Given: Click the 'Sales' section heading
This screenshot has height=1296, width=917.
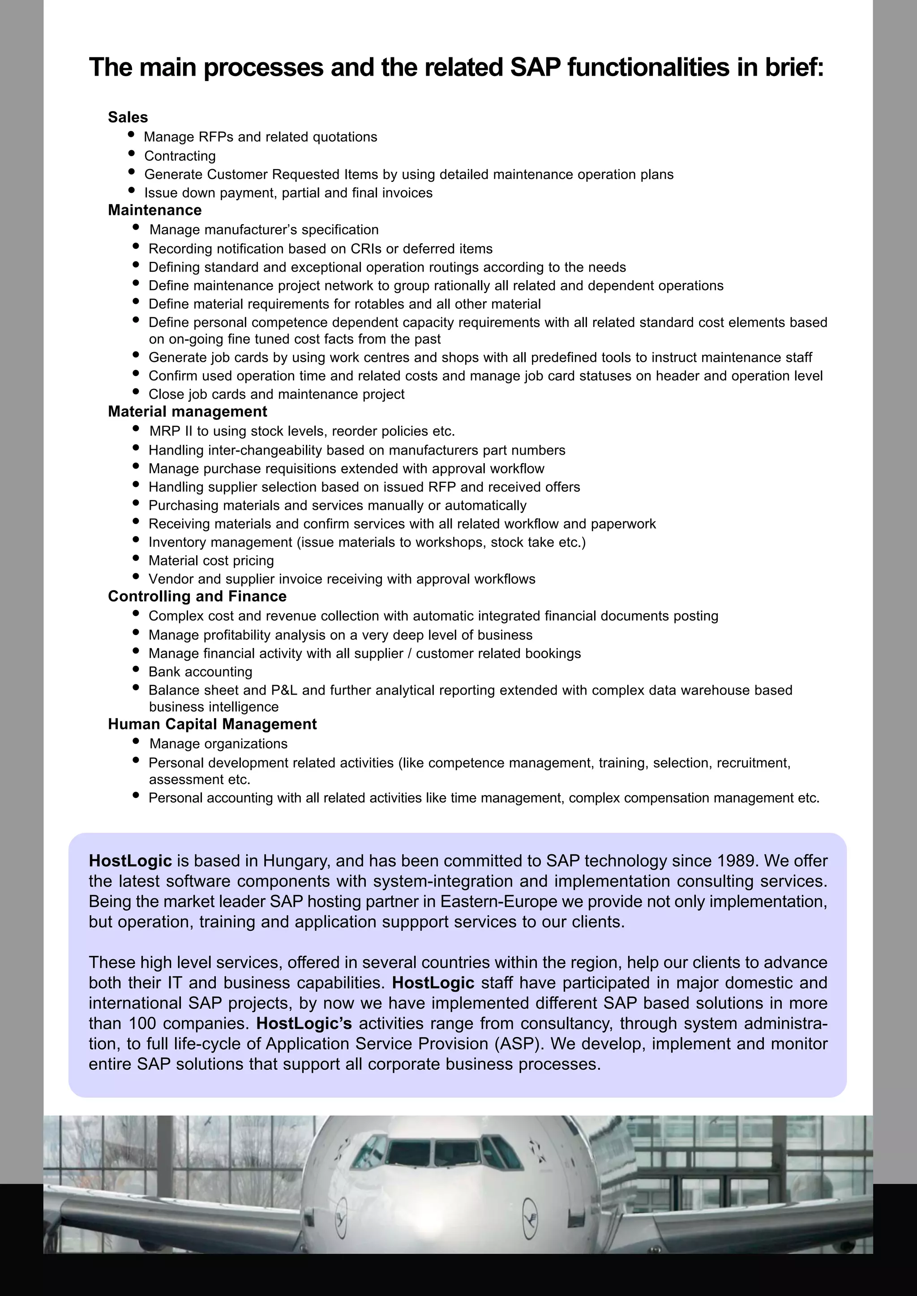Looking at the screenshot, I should click(128, 117).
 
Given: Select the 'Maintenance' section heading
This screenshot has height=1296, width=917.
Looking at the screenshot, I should click(155, 210).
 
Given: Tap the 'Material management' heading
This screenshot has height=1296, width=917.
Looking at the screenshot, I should click(188, 412).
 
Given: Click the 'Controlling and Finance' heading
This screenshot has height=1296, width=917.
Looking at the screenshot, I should click(197, 596).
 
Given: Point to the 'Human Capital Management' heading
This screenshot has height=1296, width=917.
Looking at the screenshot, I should click(212, 724).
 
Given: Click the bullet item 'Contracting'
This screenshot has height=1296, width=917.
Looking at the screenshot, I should click(180, 156).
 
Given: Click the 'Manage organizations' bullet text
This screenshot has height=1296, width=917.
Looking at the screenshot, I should click(218, 744).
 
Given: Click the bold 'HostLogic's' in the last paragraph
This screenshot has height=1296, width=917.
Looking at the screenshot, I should click(304, 1023).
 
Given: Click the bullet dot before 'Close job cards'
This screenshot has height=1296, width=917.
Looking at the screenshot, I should click(136, 391).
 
